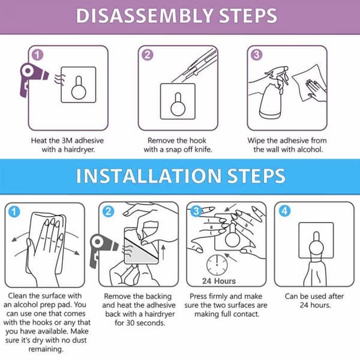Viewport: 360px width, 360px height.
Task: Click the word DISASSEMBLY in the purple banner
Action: click(x=145, y=16)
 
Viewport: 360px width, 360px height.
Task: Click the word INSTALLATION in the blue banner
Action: click(x=148, y=176)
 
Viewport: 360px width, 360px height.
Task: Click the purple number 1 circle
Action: click(x=38, y=55)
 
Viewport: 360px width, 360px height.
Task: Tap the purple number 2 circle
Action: click(x=148, y=55)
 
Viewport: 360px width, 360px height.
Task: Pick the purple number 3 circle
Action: click(x=256, y=55)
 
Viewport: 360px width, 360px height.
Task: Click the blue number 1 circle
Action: click(x=14, y=212)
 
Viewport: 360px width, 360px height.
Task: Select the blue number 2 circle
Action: click(x=108, y=211)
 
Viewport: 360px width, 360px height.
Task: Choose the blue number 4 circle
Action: click(x=284, y=211)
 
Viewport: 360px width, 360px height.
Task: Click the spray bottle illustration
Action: click(x=274, y=94)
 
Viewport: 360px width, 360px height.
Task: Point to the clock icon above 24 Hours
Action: click(x=217, y=265)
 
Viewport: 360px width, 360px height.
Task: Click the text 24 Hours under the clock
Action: click(x=219, y=281)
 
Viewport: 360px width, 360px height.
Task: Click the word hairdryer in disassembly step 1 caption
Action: click(x=79, y=149)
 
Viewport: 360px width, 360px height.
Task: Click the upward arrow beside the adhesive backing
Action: click(x=163, y=252)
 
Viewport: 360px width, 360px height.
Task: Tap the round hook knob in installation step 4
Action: click(x=317, y=248)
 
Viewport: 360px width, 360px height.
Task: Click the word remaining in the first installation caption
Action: click(x=46, y=349)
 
